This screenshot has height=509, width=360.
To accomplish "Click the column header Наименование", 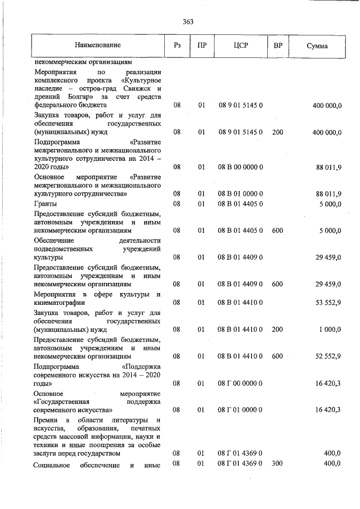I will [x=97, y=44].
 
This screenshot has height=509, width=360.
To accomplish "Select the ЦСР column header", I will [x=240, y=45].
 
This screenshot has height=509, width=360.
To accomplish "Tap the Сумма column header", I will [x=317, y=45].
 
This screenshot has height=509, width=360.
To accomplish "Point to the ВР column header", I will [x=277, y=45].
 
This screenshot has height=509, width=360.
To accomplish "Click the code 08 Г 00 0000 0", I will [x=240, y=383].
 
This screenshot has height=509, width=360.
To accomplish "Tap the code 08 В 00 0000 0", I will [x=240, y=167].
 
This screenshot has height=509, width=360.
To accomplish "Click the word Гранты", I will [x=45, y=204].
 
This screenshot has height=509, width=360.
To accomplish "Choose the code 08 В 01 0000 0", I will [x=240, y=194].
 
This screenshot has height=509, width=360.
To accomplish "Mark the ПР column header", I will [x=201, y=45].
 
